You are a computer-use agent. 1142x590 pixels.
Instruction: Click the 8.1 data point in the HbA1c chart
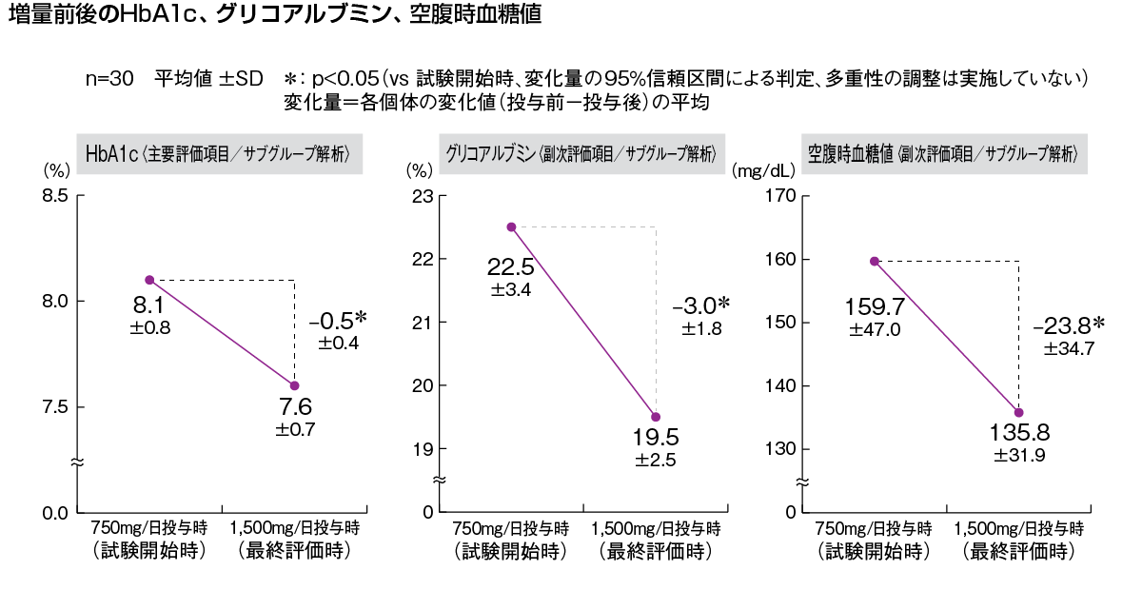[149, 280]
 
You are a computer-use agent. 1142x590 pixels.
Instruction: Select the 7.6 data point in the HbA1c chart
[294, 385]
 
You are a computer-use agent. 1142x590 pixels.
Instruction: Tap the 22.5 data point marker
[511, 226]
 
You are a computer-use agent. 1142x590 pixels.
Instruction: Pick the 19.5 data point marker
[656, 417]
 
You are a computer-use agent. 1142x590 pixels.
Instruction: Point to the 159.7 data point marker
[874, 261]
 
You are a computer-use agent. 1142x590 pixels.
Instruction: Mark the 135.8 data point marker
[1018, 412]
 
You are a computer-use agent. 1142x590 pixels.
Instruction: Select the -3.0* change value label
[700, 306]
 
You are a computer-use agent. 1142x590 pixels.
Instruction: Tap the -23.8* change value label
[1068, 326]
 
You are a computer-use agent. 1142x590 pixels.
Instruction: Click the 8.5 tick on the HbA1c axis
[54, 196]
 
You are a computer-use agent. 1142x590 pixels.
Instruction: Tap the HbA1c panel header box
[220, 152]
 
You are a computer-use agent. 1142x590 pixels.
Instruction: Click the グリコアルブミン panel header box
[581, 152]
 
